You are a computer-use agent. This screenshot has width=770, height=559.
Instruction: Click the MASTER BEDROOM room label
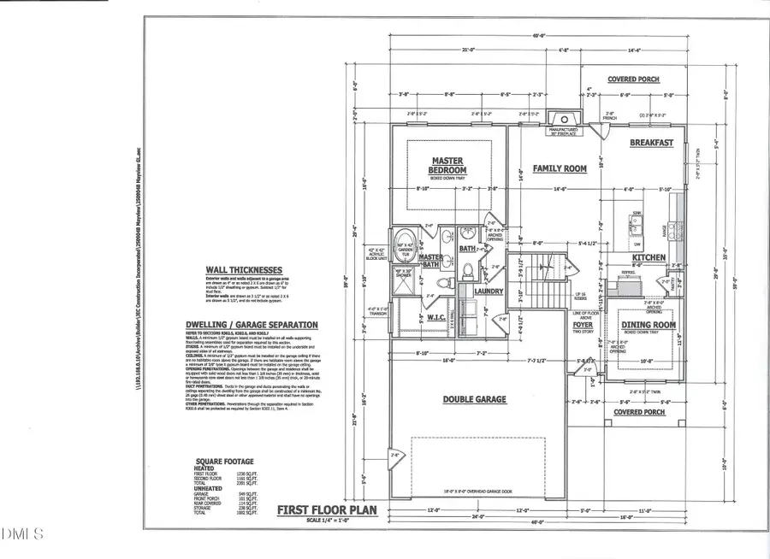point(448,166)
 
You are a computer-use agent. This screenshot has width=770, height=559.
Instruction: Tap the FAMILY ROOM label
point(560,168)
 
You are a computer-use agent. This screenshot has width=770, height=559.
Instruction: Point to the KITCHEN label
point(649,257)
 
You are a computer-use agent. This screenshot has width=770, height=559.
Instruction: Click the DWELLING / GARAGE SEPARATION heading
point(252,325)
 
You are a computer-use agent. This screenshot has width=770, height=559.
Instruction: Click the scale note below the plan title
point(329,522)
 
